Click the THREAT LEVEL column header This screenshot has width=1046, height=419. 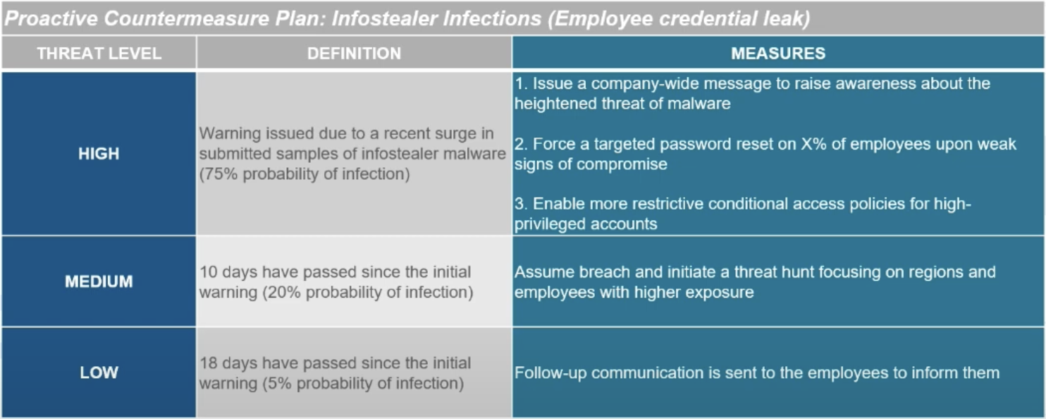[x=99, y=54]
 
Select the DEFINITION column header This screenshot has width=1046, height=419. [x=354, y=54]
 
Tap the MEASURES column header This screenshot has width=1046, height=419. [x=778, y=54]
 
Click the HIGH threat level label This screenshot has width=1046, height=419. [x=99, y=154]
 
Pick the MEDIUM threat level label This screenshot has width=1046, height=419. [x=99, y=281]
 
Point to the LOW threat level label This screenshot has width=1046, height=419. [x=99, y=372]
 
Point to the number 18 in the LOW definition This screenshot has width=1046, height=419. [x=209, y=363]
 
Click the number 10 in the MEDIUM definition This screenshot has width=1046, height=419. [x=209, y=272]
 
